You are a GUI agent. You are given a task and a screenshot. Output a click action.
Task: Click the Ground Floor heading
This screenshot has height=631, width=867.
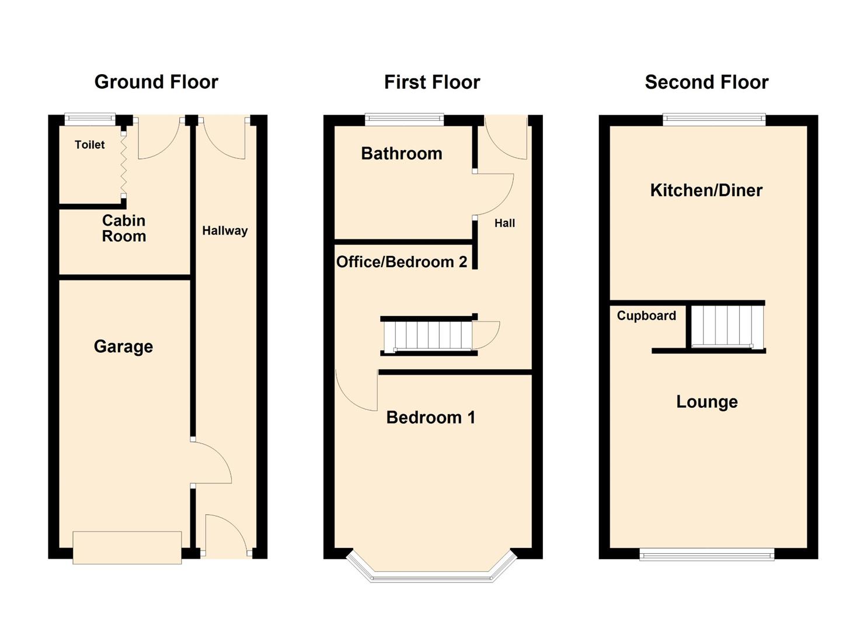pyautogui.click(x=156, y=82)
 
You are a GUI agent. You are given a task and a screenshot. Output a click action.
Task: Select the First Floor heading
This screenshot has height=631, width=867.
pyautogui.click(x=432, y=82)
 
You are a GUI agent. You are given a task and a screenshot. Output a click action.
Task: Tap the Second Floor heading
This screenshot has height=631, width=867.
pyautogui.click(x=706, y=82)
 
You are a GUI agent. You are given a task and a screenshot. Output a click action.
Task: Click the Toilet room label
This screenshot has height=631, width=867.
pyautogui.click(x=89, y=144)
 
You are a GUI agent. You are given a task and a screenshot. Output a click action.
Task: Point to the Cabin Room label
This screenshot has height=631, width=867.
pyautogui.click(x=124, y=228)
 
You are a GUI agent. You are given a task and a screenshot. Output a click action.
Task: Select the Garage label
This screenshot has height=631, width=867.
pyautogui.click(x=123, y=346)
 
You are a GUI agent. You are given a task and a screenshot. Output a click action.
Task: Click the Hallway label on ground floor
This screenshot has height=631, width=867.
pyautogui.click(x=225, y=231)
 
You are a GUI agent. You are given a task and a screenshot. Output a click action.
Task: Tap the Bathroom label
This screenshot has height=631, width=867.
pyautogui.click(x=402, y=154)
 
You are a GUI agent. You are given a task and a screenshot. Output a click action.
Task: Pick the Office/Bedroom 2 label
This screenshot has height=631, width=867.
pyautogui.click(x=402, y=262)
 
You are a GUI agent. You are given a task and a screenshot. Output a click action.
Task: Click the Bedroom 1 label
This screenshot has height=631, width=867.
pyautogui.click(x=431, y=417)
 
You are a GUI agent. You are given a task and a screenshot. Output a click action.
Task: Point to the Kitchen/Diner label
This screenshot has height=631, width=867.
pyautogui.click(x=706, y=190)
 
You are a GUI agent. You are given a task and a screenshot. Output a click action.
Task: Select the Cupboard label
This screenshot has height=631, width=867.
pyautogui.click(x=646, y=315)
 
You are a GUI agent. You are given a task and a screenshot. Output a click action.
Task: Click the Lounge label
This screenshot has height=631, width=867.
pyautogui.click(x=706, y=401)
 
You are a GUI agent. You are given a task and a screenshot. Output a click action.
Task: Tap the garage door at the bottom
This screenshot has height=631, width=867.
pyautogui.click(x=127, y=547)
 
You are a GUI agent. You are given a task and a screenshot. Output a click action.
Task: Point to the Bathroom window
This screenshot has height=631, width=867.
pyautogui.click(x=404, y=119)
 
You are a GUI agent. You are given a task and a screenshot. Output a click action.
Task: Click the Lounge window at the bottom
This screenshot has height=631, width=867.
pyautogui.click(x=706, y=554)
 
